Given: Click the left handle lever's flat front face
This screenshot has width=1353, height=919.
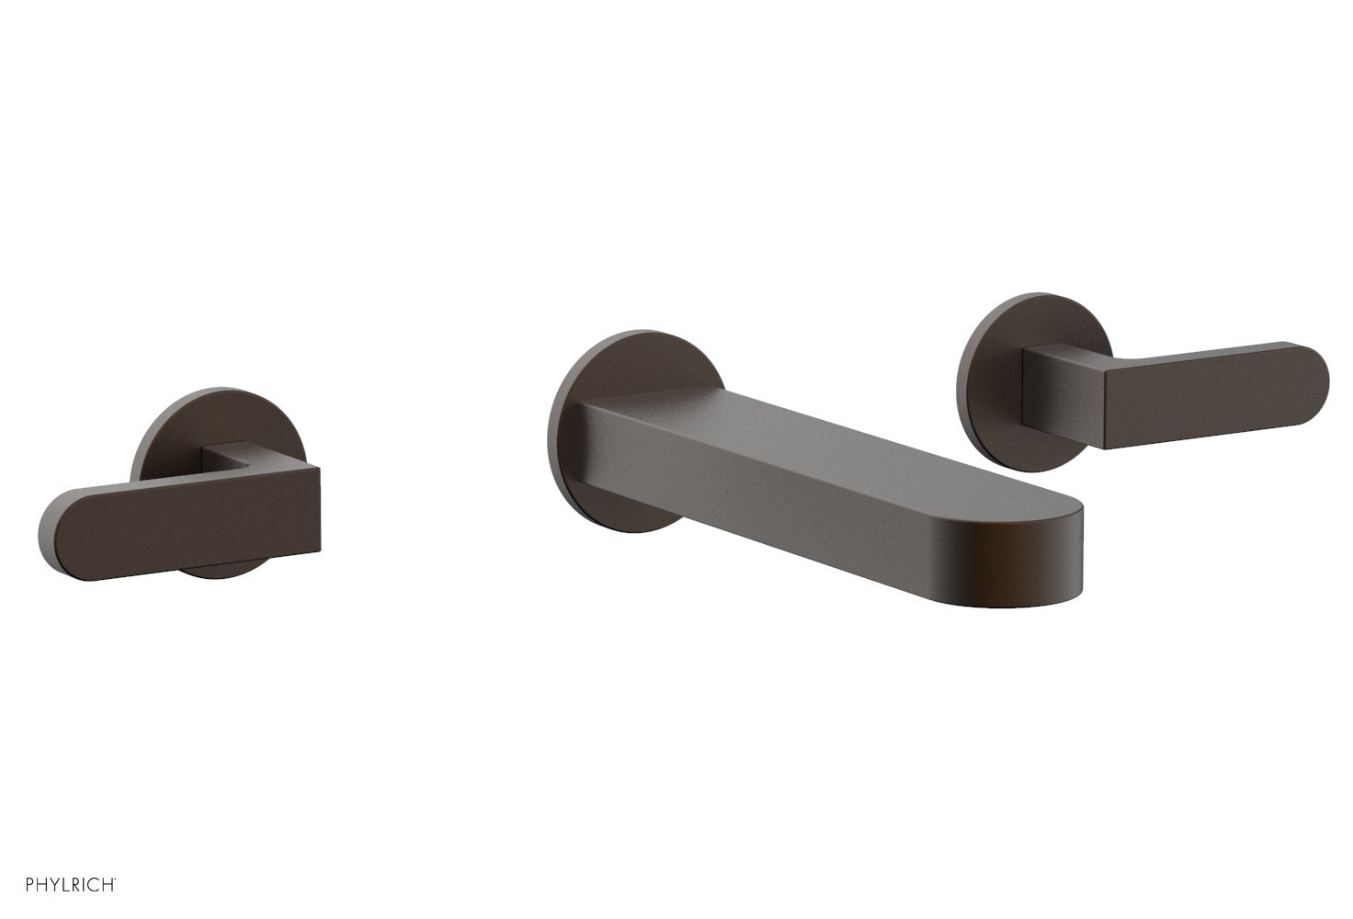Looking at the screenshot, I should point(184,519).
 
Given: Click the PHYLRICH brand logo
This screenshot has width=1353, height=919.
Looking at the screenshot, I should point(60,885).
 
